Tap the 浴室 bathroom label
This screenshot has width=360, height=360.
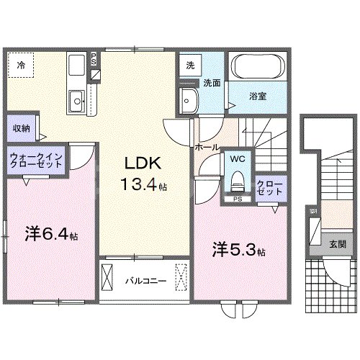click(x=259, y=96)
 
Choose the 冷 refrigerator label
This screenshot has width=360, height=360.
click(x=21, y=65)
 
